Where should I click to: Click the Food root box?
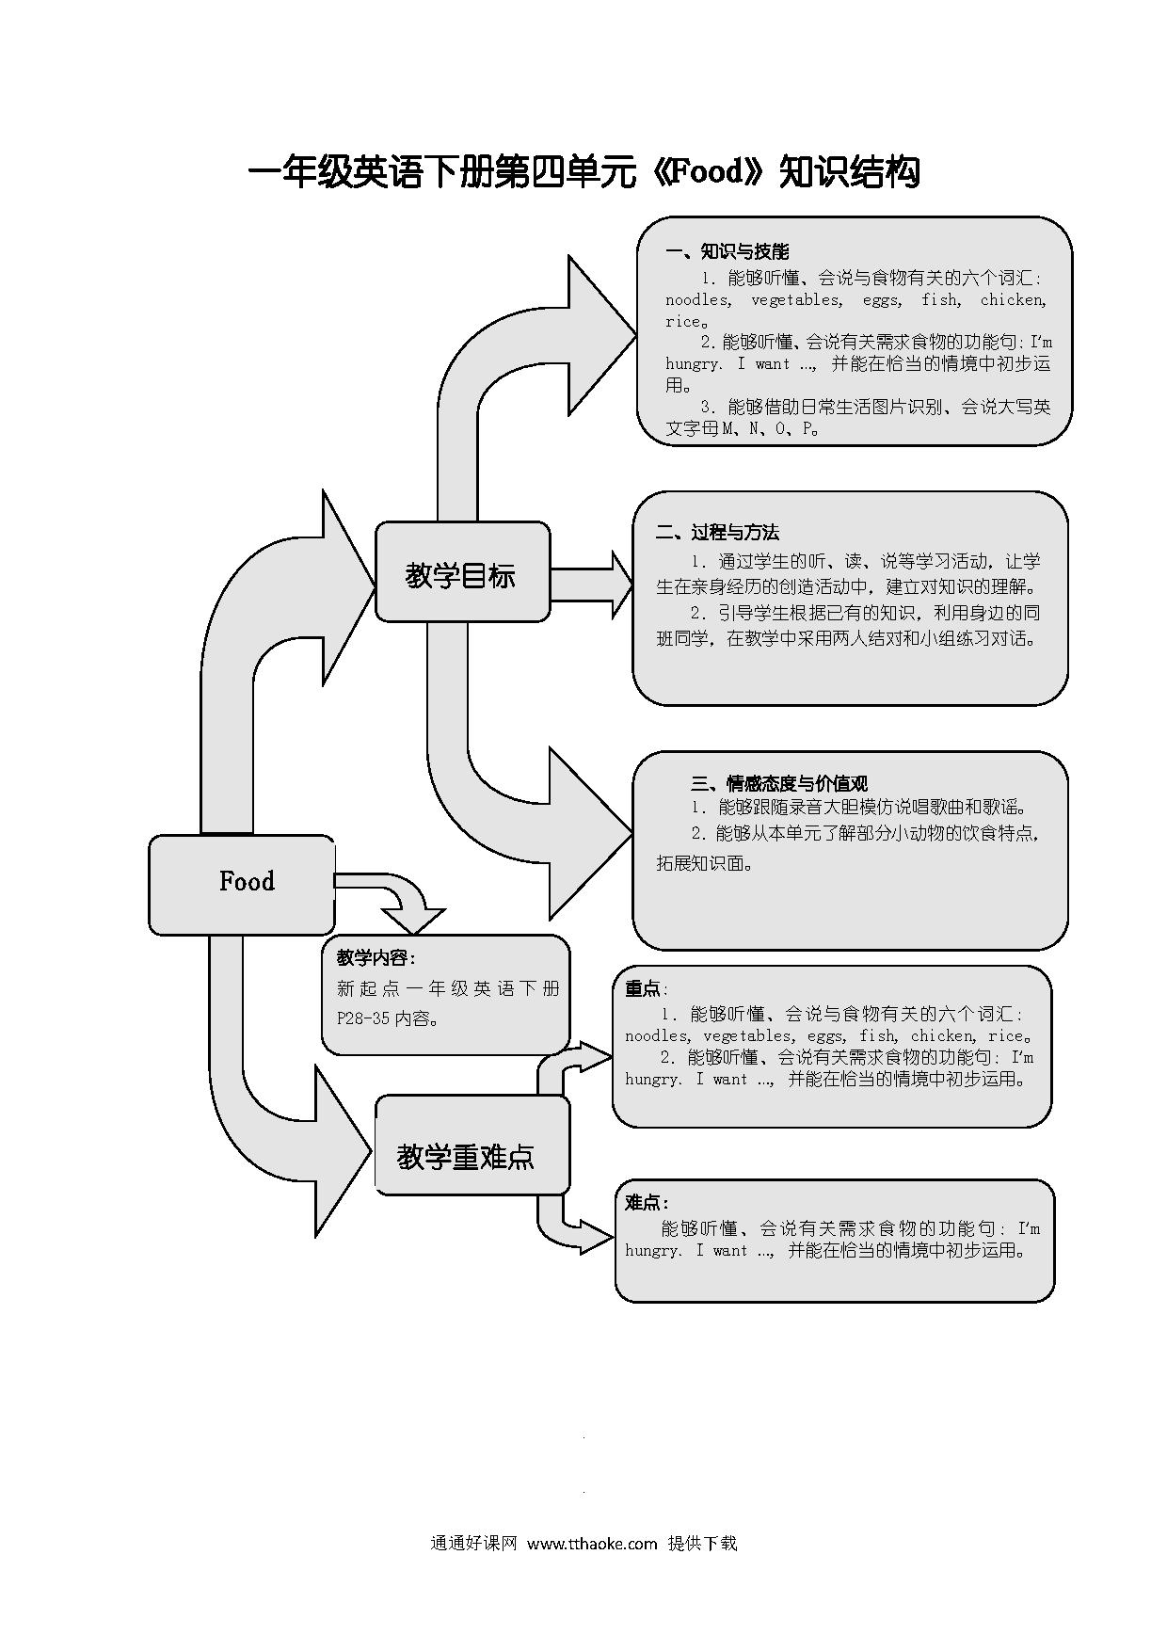point(242,884)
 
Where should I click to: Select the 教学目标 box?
point(462,572)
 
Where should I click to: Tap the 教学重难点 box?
point(472,1145)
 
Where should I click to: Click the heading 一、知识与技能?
point(727,251)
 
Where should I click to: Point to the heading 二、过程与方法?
point(717,533)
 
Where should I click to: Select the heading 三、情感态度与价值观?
point(779,783)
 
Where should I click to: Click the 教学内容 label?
point(376,958)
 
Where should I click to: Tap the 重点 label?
point(646,988)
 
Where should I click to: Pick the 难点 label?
point(647,1202)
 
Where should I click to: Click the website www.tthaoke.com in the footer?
point(592,1543)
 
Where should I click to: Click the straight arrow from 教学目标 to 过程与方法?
point(592,584)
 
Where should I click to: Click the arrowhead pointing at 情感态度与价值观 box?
point(590,833)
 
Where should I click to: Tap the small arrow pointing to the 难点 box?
point(574,1225)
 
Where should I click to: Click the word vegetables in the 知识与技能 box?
point(797,300)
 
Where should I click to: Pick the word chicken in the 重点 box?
point(943,1035)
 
